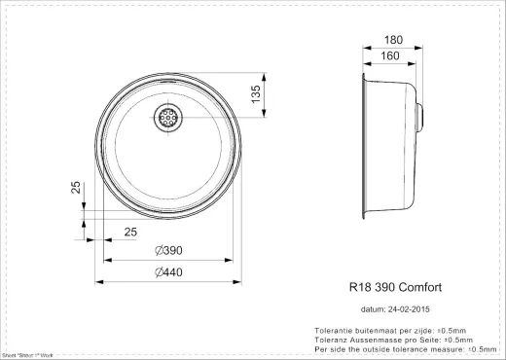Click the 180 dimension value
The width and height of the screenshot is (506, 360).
[394, 40]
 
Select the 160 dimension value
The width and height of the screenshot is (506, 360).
[390, 55]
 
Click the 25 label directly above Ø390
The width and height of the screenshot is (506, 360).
[129, 231]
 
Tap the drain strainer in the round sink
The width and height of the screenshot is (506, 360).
[167, 117]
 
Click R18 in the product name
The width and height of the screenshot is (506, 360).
[359, 289]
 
